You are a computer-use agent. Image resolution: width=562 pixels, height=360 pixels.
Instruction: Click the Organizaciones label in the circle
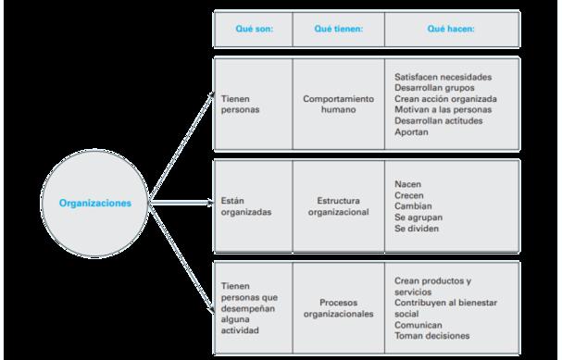pyautogui.click(x=95, y=203)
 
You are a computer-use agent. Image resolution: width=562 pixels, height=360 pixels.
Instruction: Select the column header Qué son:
pyautogui.click(x=254, y=29)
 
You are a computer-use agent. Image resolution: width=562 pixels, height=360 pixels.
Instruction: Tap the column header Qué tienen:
pyautogui.click(x=338, y=29)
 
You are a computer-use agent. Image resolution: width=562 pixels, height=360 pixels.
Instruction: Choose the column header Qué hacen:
pyautogui.click(x=451, y=29)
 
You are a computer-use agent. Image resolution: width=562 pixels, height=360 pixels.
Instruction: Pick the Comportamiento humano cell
pyautogui.click(x=338, y=104)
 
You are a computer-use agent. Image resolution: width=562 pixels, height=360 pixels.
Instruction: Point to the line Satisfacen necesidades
pyautogui.click(x=443, y=77)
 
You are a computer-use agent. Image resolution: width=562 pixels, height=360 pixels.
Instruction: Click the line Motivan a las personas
pyautogui.click(x=443, y=109)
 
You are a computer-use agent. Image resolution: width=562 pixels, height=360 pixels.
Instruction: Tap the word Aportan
pyautogui.click(x=411, y=131)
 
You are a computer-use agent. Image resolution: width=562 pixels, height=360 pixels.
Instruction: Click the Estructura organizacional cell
pyautogui.click(x=338, y=206)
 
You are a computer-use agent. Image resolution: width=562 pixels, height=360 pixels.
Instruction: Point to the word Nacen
pyautogui.click(x=408, y=184)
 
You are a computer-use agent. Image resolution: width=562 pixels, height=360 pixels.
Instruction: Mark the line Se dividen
pyautogui.click(x=417, y=229)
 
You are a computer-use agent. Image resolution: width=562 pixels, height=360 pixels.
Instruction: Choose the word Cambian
pyautogui.click(x=413, y=206)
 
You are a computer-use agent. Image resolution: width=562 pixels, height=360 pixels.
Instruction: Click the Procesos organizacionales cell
pyautogui.click(x=338, y=308)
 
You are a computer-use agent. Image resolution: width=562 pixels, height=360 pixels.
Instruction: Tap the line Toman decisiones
pyautogui.click(x=431, y=336)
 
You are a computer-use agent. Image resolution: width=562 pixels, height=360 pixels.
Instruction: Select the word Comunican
pyautogui.click(x=418, y=325)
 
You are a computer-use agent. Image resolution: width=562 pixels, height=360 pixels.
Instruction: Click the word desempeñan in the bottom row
pyautogui.click(x=247, y=308)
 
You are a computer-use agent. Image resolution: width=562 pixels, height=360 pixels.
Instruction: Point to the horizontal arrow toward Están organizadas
pyautogui.click(x=181, y=203)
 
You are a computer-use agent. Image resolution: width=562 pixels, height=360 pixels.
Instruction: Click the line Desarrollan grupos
pyautogui.click(x=434, y=88)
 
